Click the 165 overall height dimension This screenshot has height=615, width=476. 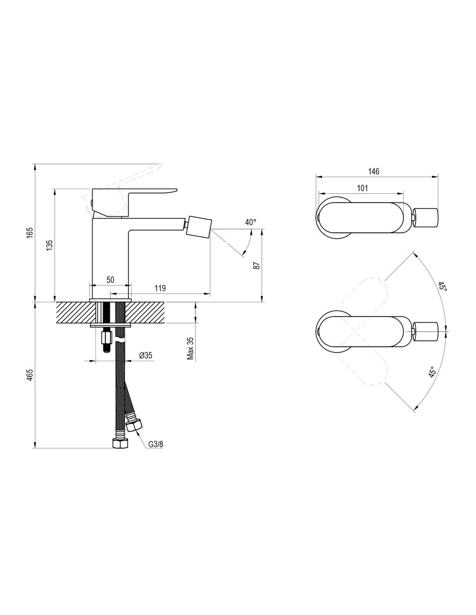click(x=30, y=233)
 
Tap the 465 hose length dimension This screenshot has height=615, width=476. click(x=30, y=375)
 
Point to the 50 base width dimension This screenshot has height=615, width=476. click(x=110, y=280)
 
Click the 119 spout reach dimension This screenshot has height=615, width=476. click(x=160, y=288)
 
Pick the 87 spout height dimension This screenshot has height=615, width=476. click(x=257, y=266)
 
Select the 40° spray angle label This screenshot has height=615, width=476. click(x=250, y=222)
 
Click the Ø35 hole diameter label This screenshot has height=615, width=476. click(x=145, y=355)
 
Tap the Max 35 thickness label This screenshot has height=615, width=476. click(x=190, y=349)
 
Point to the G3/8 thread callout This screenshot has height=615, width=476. click(x=156, y=444)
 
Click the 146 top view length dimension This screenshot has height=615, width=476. click(x=373, y=171)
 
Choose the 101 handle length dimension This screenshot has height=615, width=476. click(x=363, y=188)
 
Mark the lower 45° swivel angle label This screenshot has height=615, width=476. click(x=431, y=372)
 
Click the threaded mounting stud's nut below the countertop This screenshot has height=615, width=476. click(x=106, y=337)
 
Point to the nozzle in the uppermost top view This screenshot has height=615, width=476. click(x=426, y=218)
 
